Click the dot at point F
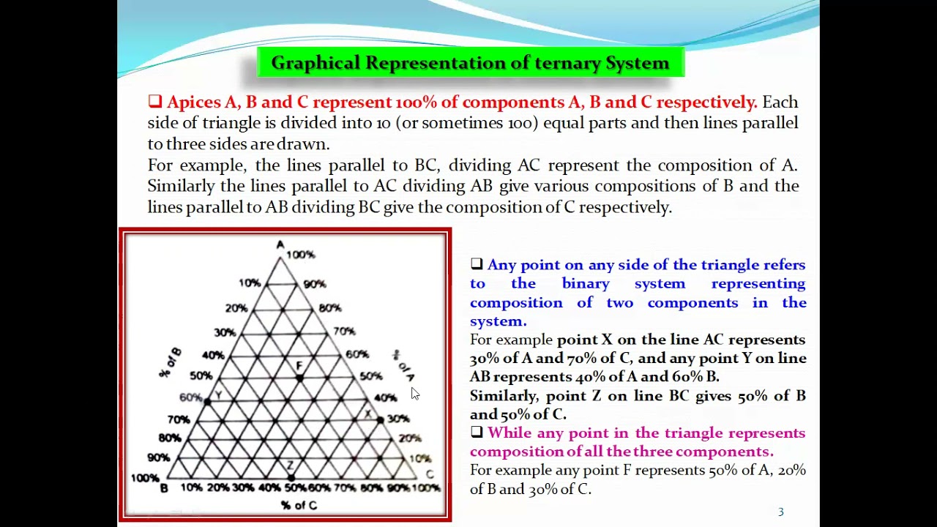coord(299,377)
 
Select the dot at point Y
coord(208,401)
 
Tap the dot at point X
coord(380,419)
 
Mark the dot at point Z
coord(291,476)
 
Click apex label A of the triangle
coord(280,244)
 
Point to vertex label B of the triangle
coord(164,488)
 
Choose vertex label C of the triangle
coord(430,474)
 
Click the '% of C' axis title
coord(299,505)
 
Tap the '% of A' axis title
coord(403,365)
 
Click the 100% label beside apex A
coord(301,255)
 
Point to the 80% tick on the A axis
coord(330,308)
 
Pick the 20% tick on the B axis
coord(236,308)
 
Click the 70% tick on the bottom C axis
coord(344,487)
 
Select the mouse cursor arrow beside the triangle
coord(414,394)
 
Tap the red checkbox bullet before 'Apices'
coord(154,102)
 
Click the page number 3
coord(781,512)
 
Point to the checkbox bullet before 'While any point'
coord(477,433)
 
